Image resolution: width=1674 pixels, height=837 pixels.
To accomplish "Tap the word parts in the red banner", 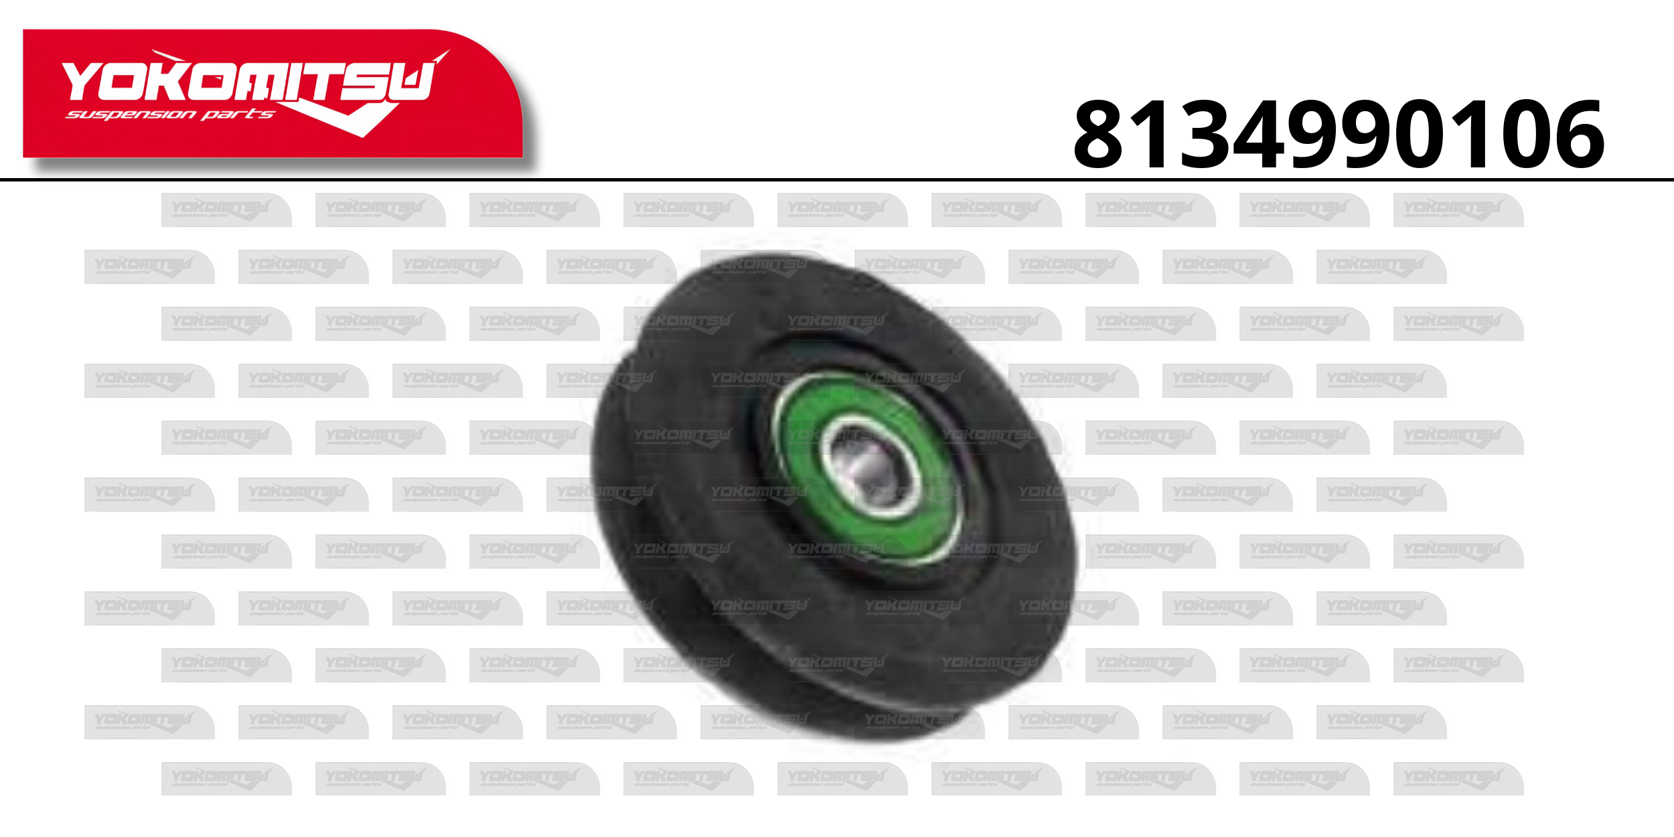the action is pos(238,115).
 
